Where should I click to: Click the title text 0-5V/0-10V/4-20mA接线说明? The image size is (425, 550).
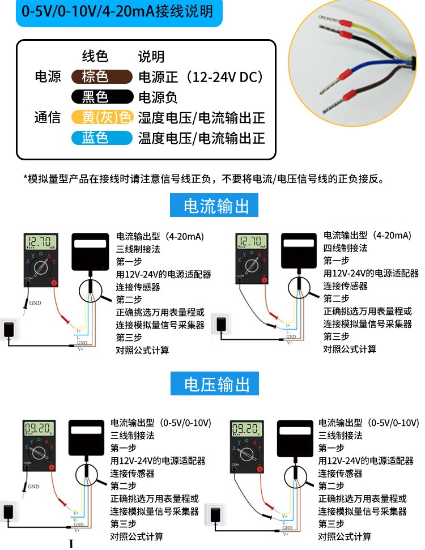coord(117,11)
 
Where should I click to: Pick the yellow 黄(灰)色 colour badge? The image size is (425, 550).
coord(101,117)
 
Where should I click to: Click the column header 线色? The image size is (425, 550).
coord(95,56)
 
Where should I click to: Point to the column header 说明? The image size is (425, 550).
coord(151,56)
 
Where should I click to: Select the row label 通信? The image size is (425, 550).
coord(48,117)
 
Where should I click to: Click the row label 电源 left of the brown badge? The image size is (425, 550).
coord(48,77)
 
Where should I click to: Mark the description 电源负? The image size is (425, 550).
coord(158,97)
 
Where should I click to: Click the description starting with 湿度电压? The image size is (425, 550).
coord(201,118)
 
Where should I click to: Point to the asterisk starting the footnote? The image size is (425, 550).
coord(25,178)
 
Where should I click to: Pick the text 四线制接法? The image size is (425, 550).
coord(345,248)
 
